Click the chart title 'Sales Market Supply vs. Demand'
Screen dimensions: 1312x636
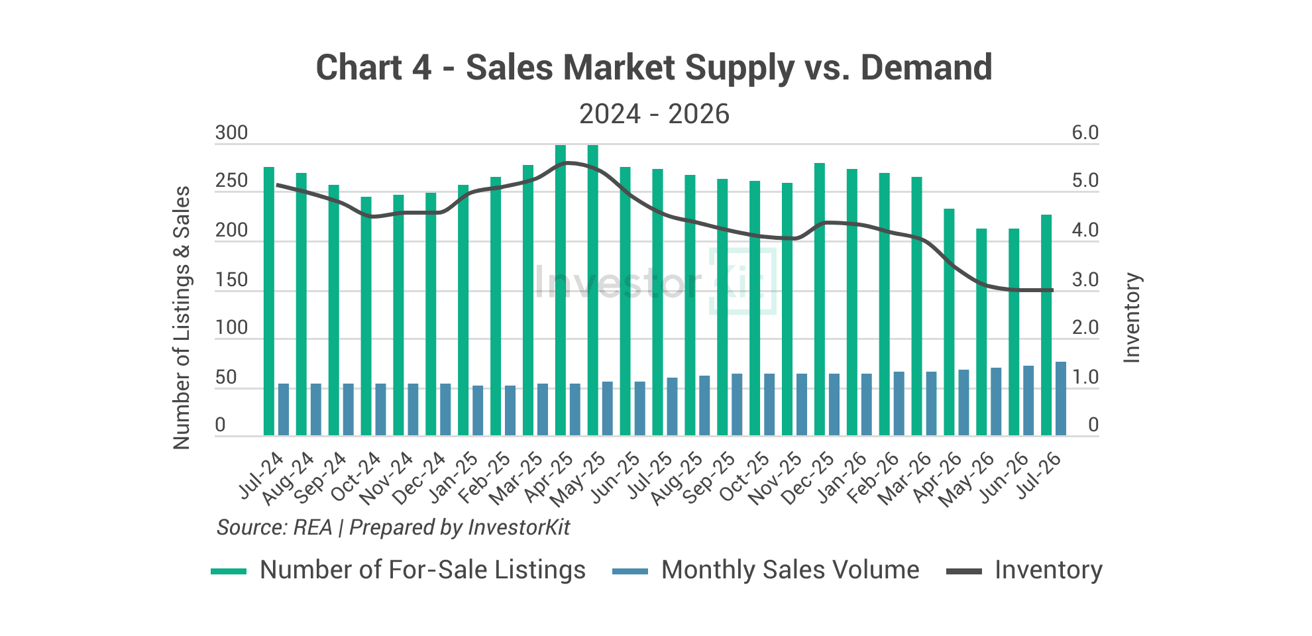point(729,68)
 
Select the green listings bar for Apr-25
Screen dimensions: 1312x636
point(561,290)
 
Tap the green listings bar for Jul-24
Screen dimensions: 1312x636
point(269,301)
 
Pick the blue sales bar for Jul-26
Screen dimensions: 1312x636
point(1061,399)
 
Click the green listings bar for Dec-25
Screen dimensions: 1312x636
point(820,299)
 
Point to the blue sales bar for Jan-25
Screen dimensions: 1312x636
point(478,411)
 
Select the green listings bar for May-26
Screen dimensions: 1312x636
point(981,332)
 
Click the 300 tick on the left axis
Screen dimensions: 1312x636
point(231,133)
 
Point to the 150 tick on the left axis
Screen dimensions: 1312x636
point(231,280)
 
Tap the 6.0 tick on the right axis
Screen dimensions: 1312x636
point(1085,133)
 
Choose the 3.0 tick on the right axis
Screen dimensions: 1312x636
point(1085,280)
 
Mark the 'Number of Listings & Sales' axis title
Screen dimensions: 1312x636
point(182,318)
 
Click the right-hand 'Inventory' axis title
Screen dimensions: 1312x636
point(1132,318)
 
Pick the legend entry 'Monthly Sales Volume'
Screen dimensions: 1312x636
point(766,570)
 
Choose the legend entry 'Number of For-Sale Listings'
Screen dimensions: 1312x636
point(398,570)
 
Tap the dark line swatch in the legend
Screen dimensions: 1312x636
point(963,571)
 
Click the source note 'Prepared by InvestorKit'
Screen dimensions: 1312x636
point(459,527)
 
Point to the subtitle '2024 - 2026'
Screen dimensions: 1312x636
point(655,114)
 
